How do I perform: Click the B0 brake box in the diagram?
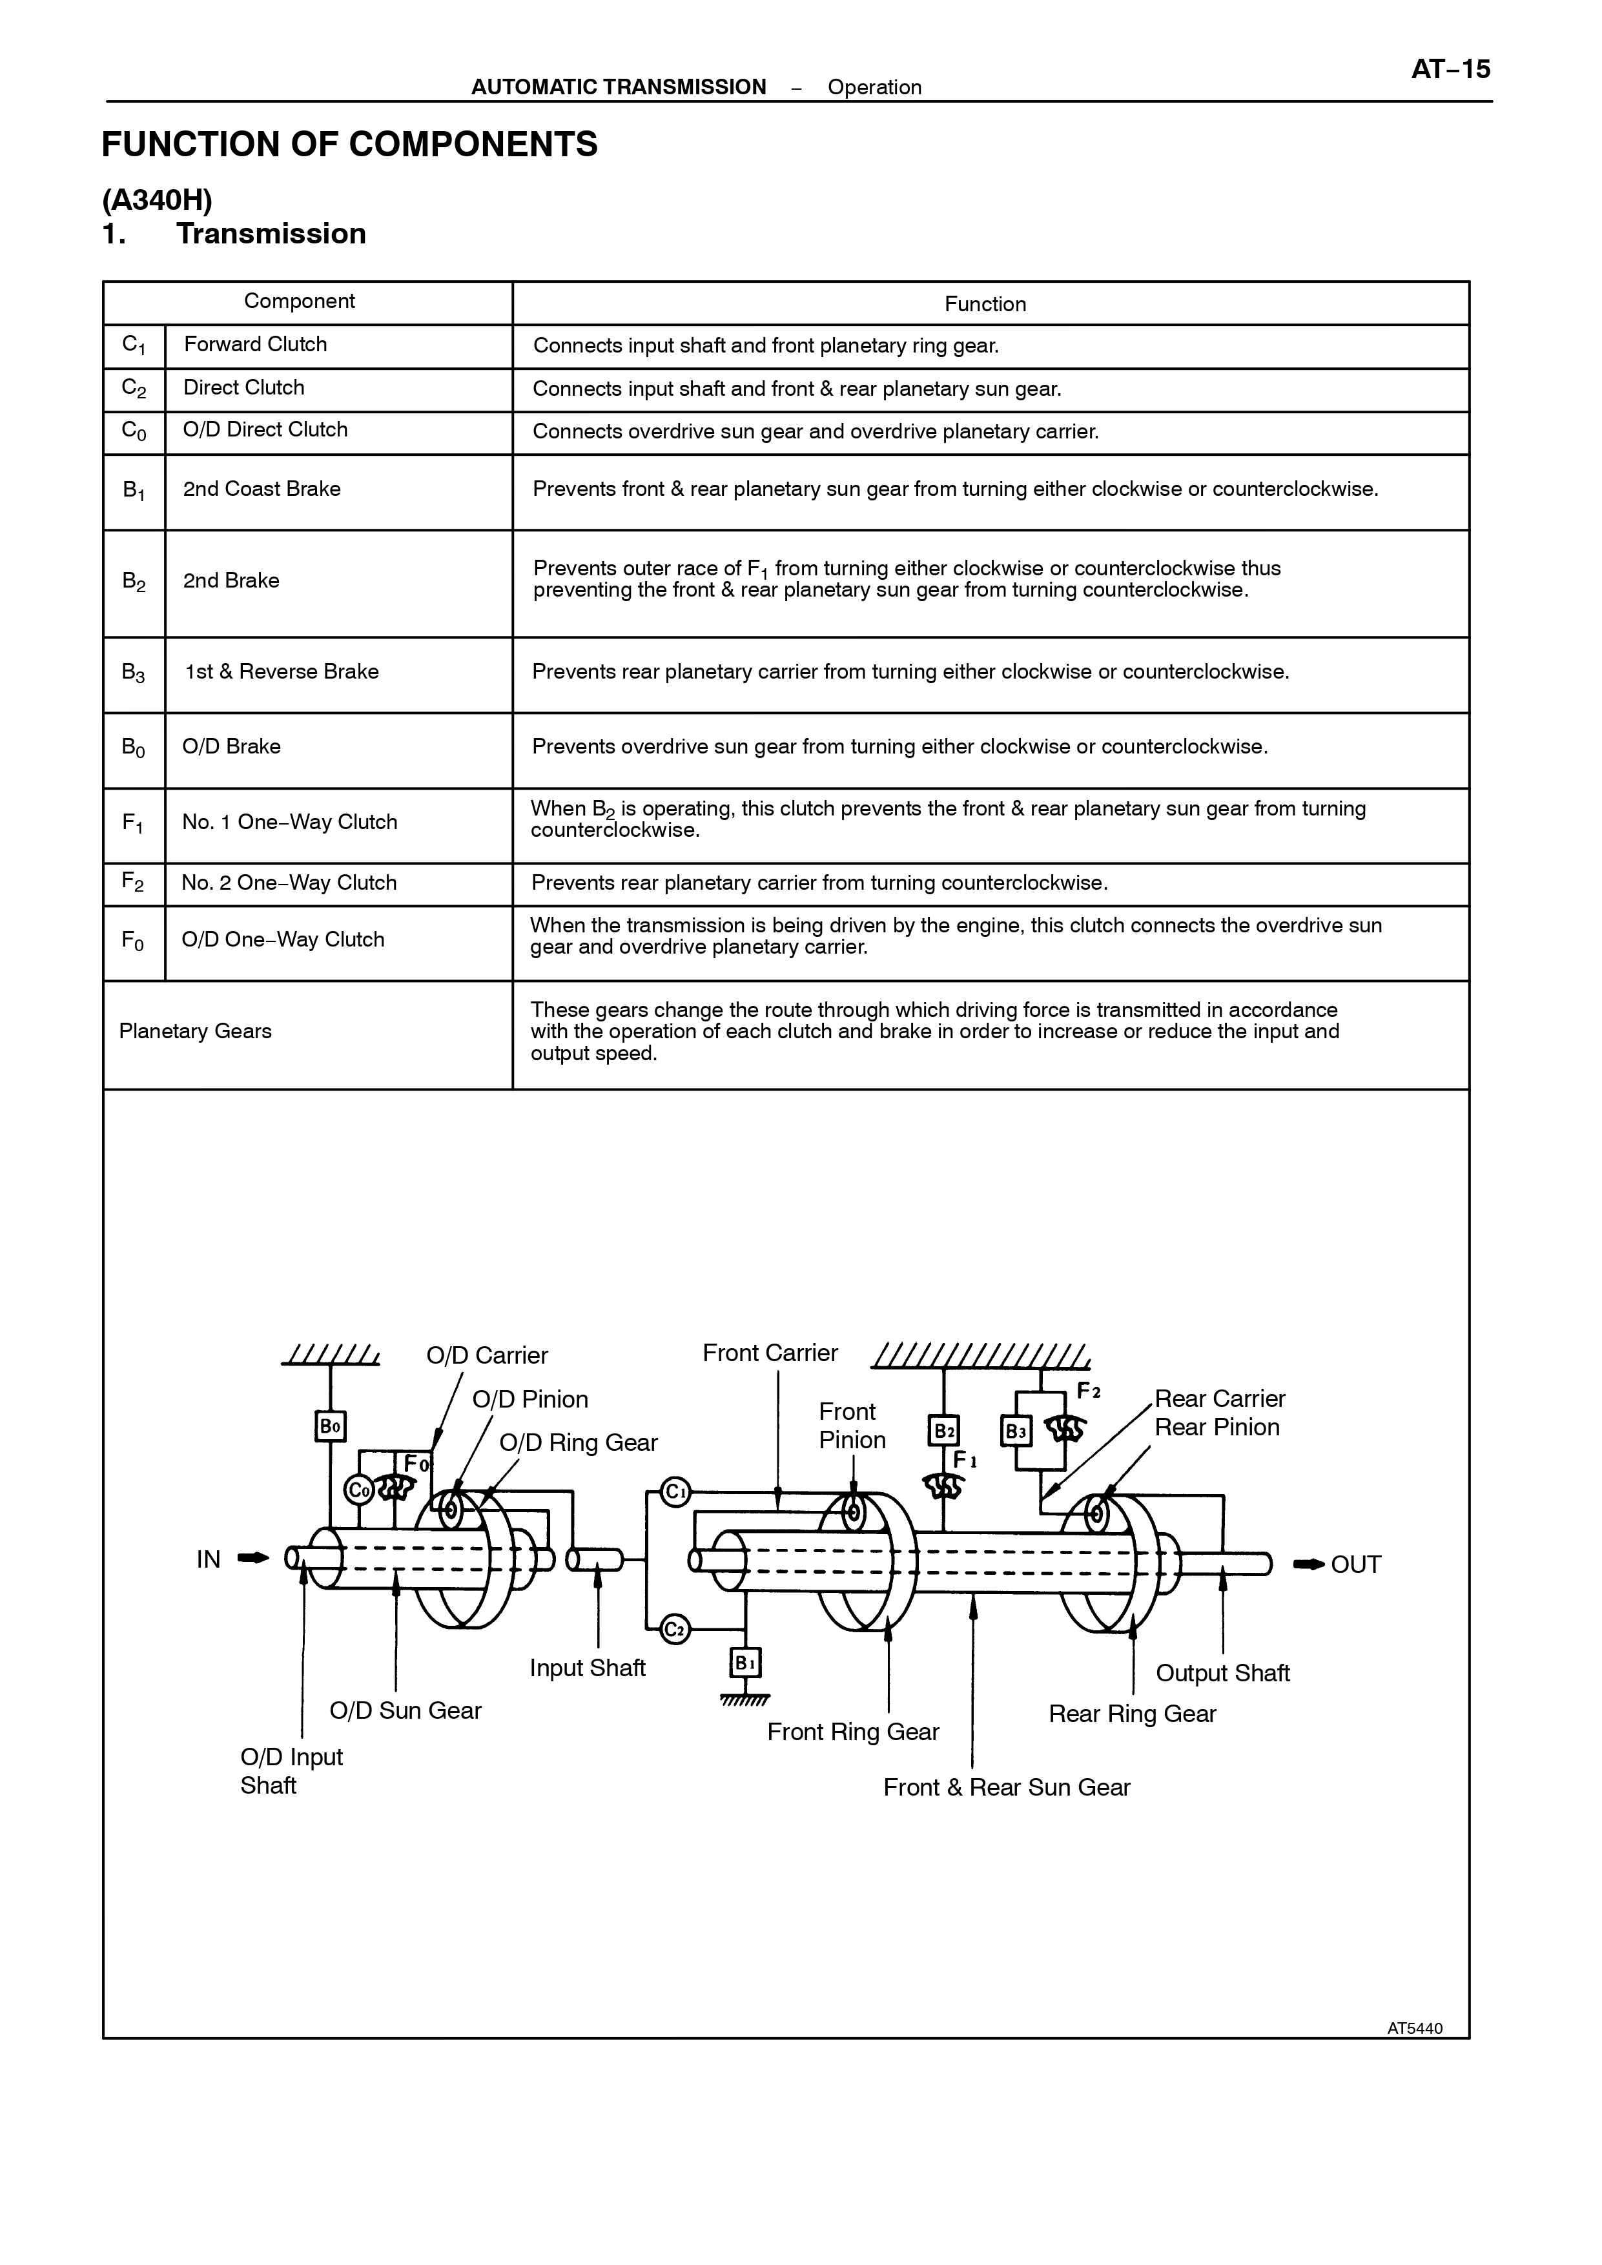coord(331,1426)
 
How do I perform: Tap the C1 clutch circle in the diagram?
coord(675,1491)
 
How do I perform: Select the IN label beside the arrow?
coord(208,1560)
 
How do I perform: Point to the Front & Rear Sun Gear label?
coord(1006,1788)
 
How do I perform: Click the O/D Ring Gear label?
coord(578,1442)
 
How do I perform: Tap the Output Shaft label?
coord(1222,1673)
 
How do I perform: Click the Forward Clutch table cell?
coord(256,344)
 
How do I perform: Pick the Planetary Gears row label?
coord(195,1032)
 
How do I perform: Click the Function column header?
coord(985,304)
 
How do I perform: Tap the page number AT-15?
coord(1450,69)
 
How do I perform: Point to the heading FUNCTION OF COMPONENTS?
coord(350,144)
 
